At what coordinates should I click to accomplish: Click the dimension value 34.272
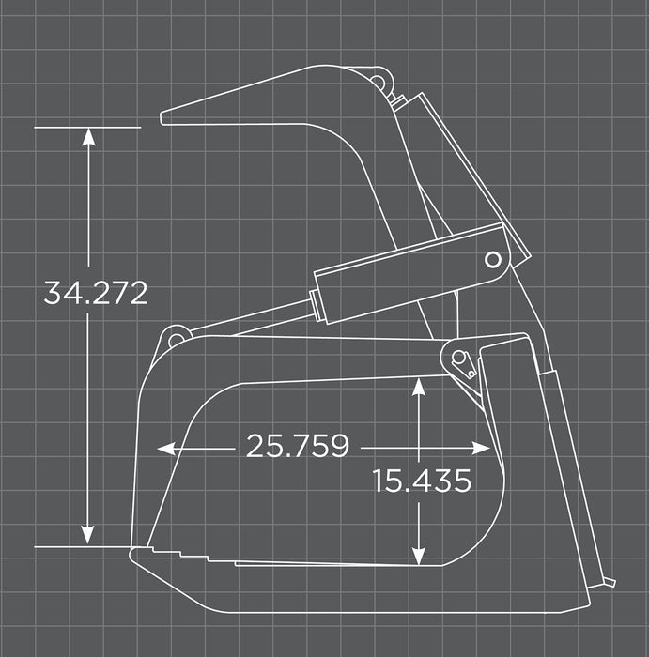click(x=95, y=293)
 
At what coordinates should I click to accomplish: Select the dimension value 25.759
click(x=297, y=447)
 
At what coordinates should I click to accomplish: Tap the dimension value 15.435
click(x=421, y=481)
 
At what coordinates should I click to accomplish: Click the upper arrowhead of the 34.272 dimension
click(x=88, y=136)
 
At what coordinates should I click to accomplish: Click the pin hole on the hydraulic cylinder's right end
click(x=491, y=259)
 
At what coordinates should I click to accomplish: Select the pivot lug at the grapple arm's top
click(x=379, y=80)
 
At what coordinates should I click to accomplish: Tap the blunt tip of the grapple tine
click(x=165, y=117)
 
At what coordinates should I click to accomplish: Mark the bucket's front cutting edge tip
click(x=134, y=553)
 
